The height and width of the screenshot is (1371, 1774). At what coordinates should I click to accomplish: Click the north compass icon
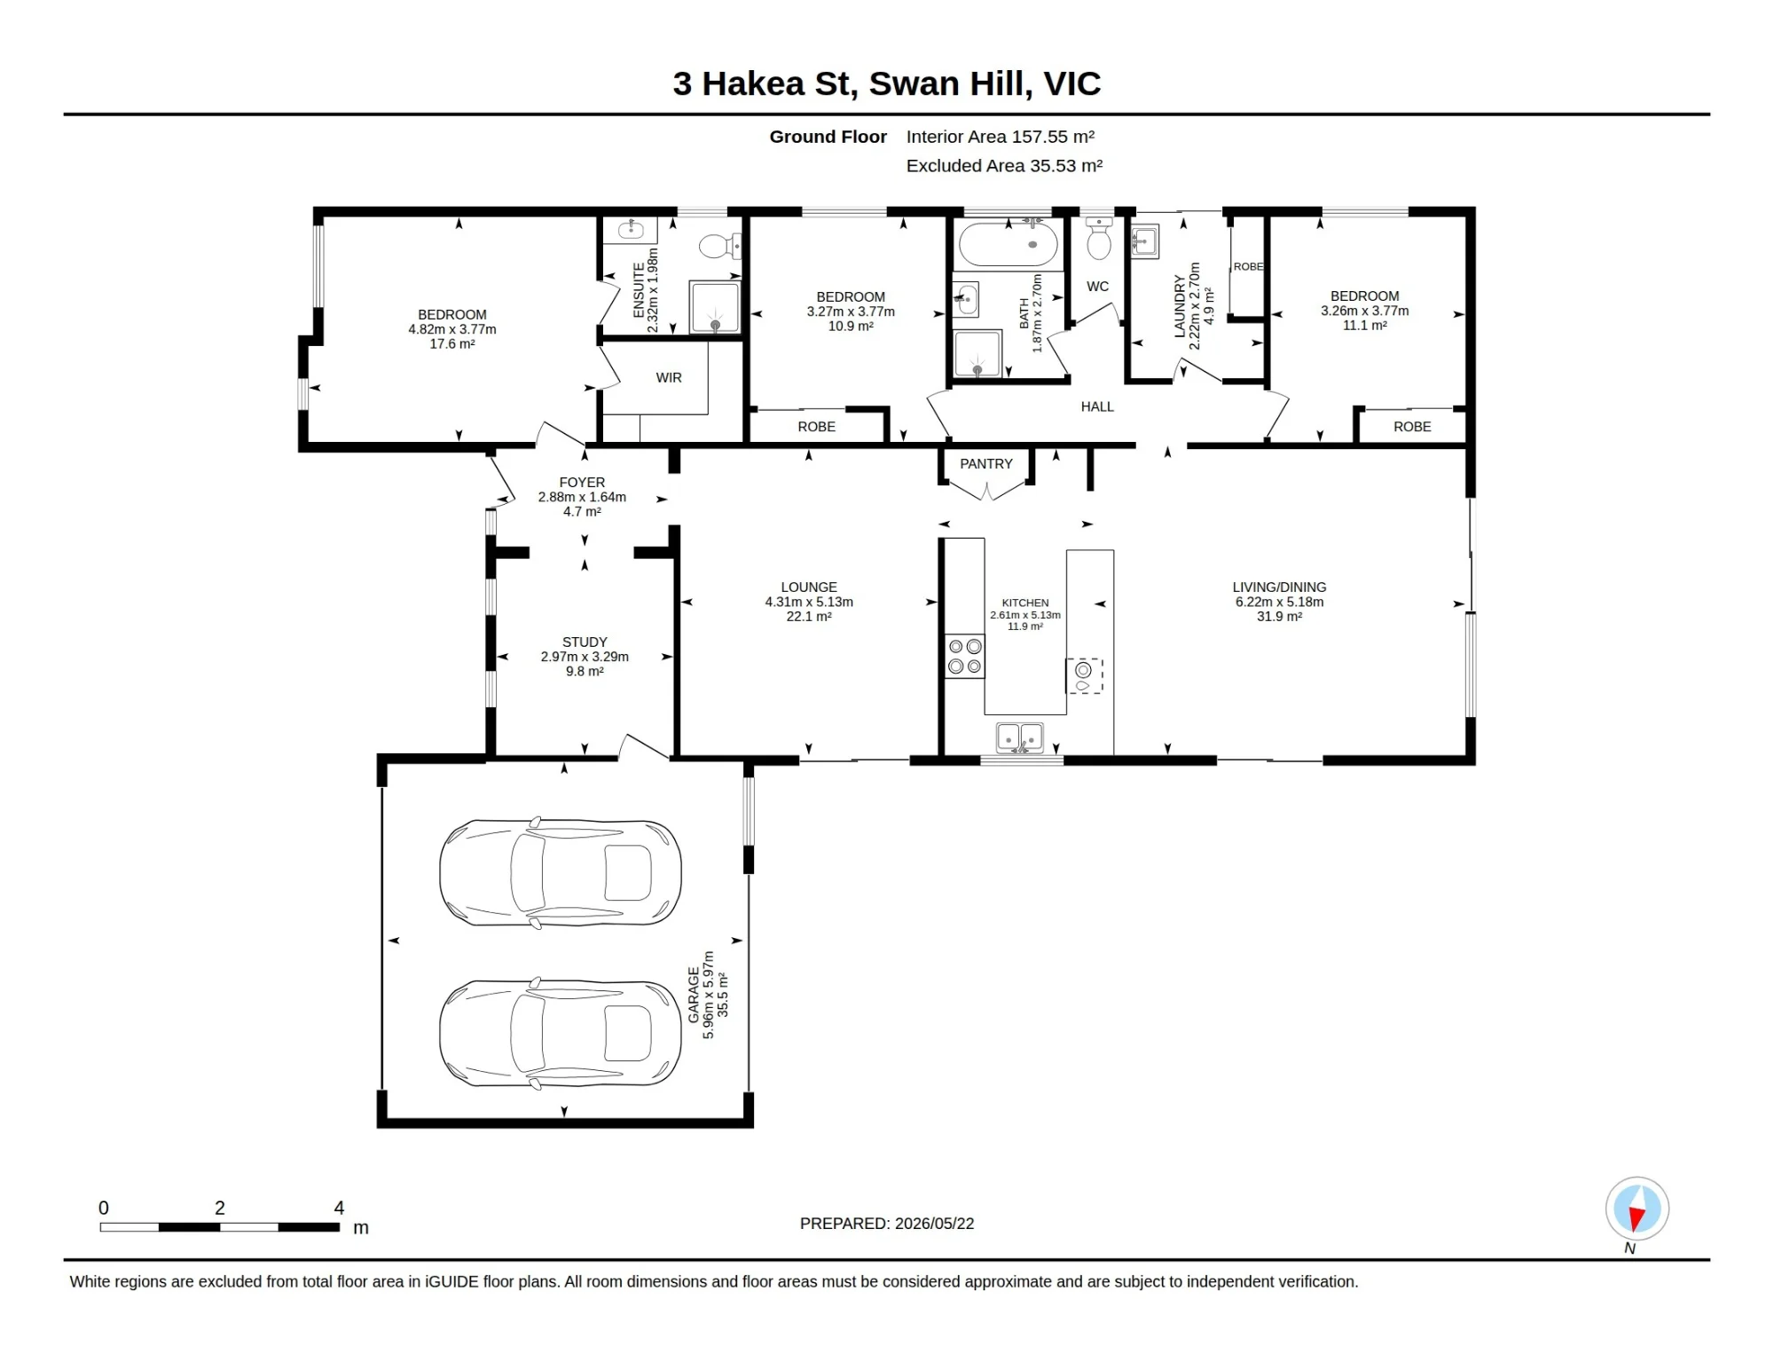click(x=1637, y=1208)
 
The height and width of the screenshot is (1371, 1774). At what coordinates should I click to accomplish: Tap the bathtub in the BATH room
click(x=1008, y=244)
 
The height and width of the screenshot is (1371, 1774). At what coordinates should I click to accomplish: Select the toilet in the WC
click(x=1099, y=238)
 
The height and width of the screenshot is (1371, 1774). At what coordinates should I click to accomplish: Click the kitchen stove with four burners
click(x=964, y=657)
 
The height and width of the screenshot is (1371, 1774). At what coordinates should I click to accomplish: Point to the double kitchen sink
click(x=1020, y=738)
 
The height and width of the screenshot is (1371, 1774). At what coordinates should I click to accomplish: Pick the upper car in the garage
click(x=561, y=872)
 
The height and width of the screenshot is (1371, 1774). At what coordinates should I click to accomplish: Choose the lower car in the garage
click(x=561, y=1034)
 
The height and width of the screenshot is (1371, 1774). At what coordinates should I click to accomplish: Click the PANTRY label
click(x=985, y=464)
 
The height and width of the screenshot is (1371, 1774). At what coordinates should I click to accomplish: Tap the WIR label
click(x=669, y=378)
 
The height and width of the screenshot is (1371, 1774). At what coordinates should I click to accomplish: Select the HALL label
click(x=1097, y=406)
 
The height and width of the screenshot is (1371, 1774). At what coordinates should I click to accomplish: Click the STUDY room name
click(x=585, y=642)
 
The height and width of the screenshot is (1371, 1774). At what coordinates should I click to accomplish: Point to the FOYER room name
click(x=582, y=483)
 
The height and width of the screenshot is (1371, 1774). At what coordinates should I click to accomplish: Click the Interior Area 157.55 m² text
click(x=1001, y=137)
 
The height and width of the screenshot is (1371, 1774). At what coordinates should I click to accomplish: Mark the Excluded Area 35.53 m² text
click(x=1004, y=166)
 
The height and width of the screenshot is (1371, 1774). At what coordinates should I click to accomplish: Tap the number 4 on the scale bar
click(x=339, y=1208)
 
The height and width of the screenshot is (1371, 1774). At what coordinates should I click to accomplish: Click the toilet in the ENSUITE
click(x=719, y=246)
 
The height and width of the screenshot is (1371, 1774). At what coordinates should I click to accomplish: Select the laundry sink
click(x=1145, y=241)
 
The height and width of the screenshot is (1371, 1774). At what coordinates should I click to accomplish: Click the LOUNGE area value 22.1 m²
click(x=809, y=617)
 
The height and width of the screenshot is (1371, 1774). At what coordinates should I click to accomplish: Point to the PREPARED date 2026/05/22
click(x=935, y=1224)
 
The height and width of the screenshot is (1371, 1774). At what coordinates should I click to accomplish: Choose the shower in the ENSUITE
click(x=715, y=307)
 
